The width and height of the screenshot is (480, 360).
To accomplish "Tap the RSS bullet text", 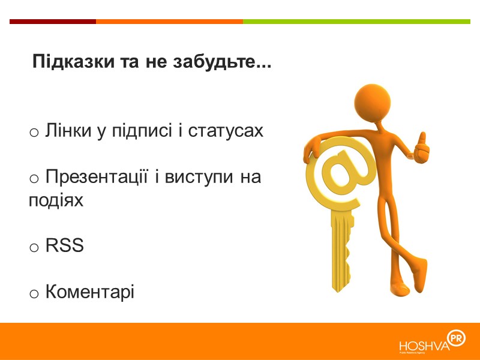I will [64, 246].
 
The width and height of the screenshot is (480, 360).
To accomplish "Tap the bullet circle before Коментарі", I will [35, 293].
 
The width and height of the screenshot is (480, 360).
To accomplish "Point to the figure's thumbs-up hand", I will [421, 147].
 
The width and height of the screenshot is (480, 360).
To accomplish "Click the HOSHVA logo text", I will [424, 345].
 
